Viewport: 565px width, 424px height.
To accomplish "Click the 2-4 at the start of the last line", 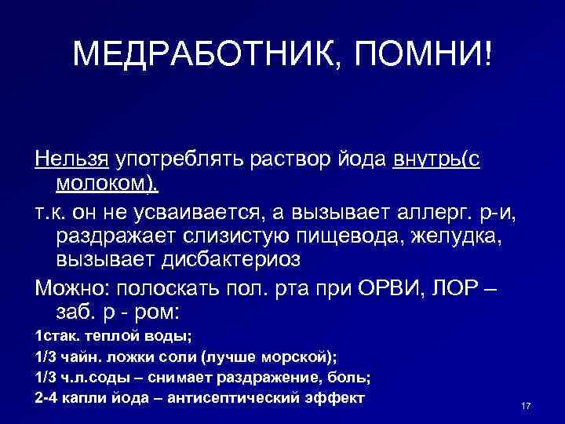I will (48, 398).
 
